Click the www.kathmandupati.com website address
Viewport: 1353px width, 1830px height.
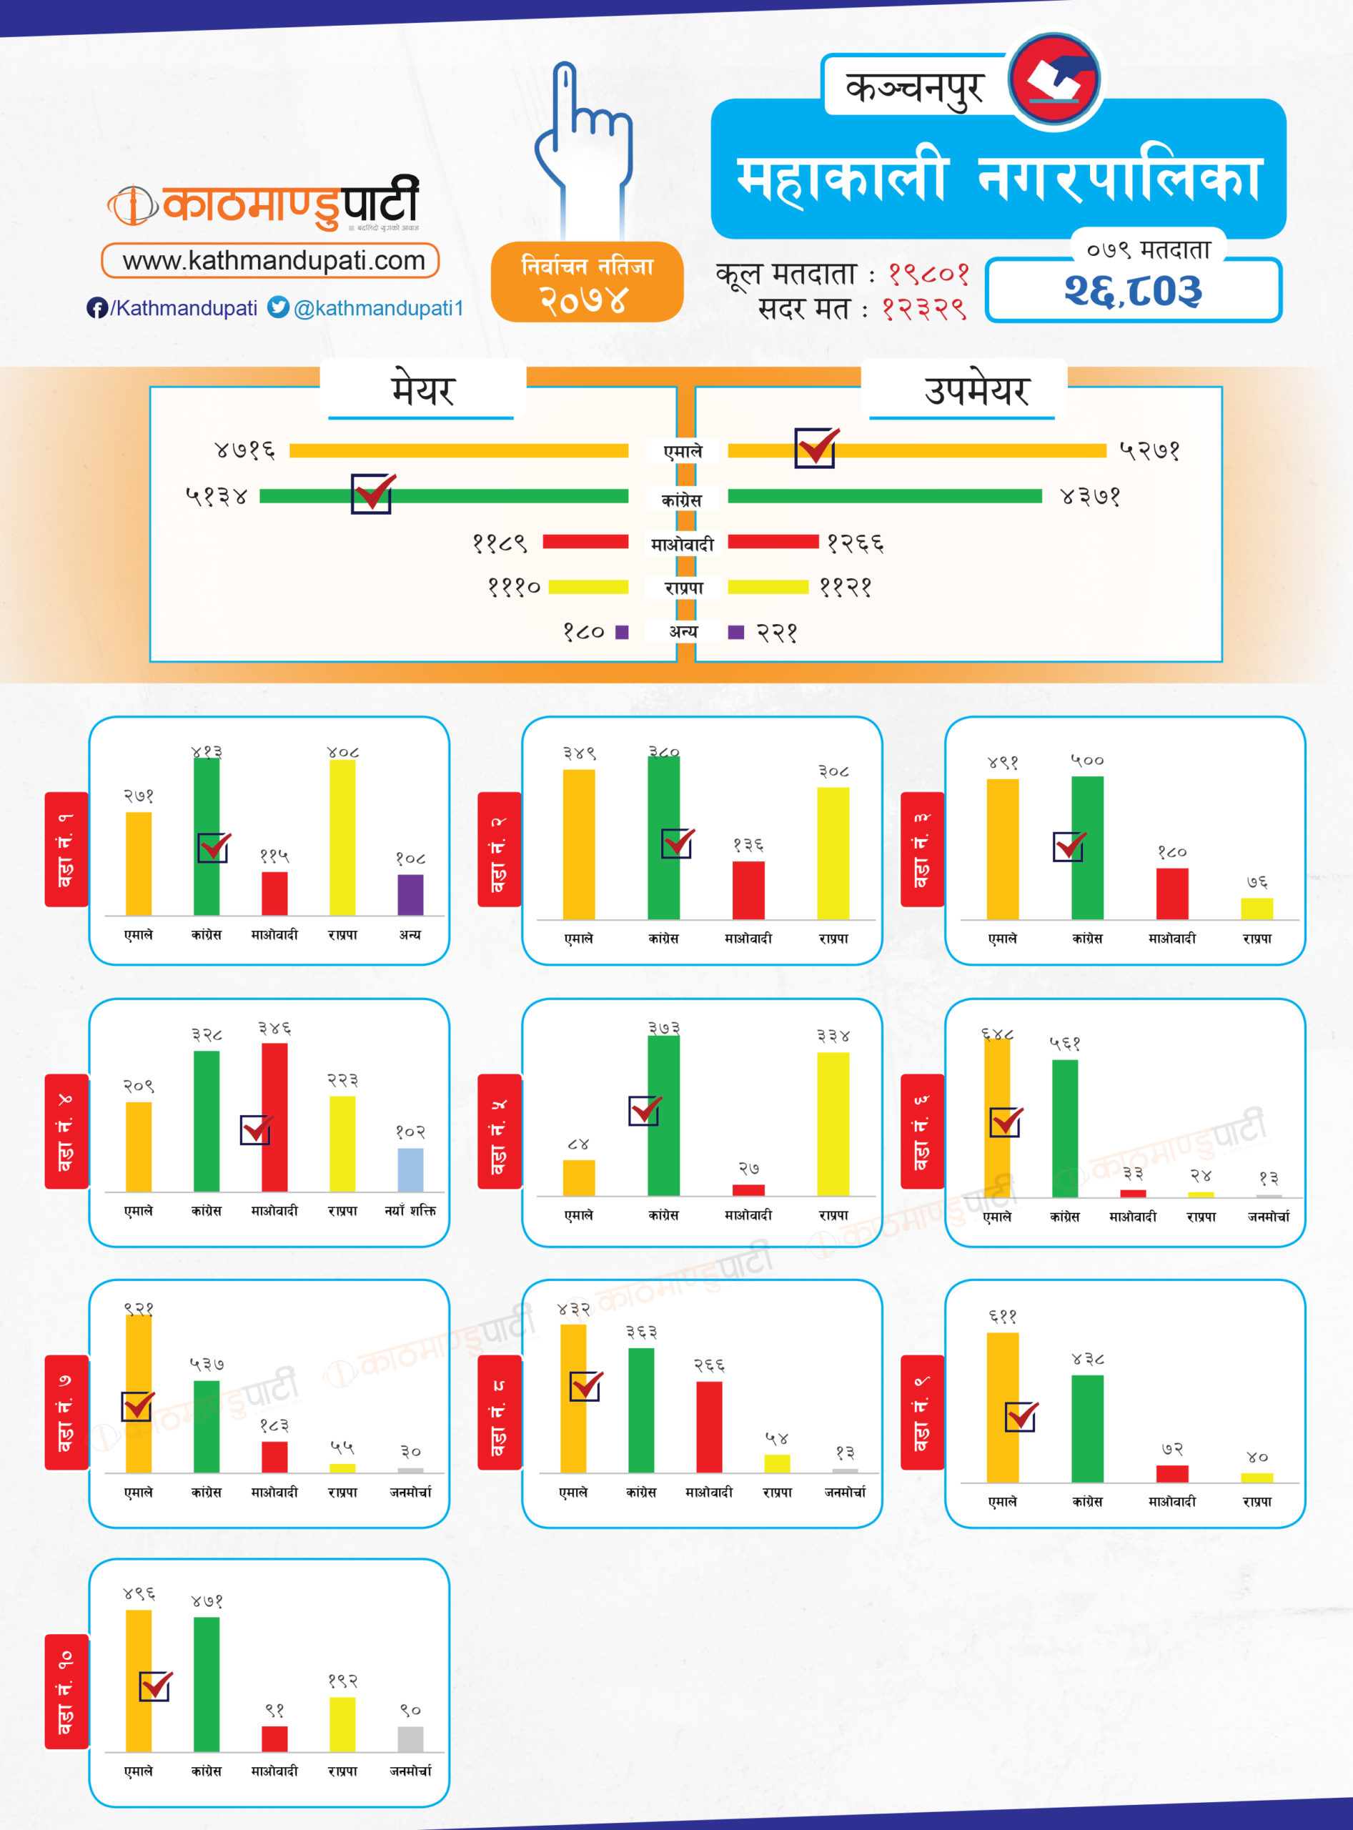point(274,260)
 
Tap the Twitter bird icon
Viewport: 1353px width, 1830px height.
point(279,307)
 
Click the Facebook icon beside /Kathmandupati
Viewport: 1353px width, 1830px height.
point(96,308)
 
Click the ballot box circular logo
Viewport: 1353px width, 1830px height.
point(1055,79)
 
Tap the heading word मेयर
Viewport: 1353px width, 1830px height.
point(422,390)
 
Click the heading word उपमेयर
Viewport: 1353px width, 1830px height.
point(976,390)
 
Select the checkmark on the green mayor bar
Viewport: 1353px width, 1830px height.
point(372,493)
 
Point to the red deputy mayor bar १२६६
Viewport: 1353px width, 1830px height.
point(773,541)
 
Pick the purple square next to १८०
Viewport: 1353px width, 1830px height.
point(622,632)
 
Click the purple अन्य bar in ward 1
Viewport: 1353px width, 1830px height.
point(410,894)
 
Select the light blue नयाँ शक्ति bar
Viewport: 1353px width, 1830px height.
point(410,1169)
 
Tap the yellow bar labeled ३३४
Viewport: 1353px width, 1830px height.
point(833,1123)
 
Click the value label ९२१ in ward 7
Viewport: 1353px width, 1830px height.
point(139,1308)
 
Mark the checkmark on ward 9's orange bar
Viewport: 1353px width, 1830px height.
point(1021,1416)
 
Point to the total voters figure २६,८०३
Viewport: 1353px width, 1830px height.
point(1133,291)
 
